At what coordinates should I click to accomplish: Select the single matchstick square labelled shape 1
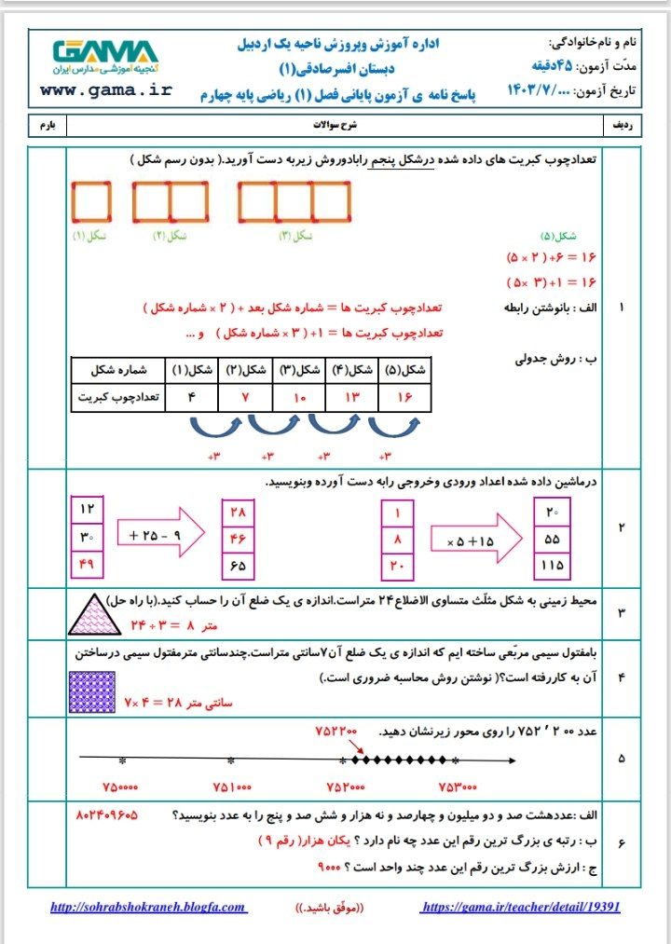tap(90, 201)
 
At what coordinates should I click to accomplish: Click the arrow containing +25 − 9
tap(158, 536)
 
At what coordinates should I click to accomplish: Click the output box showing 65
tap(238, 565)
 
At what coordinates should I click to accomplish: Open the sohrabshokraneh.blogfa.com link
tap(148, 907)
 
